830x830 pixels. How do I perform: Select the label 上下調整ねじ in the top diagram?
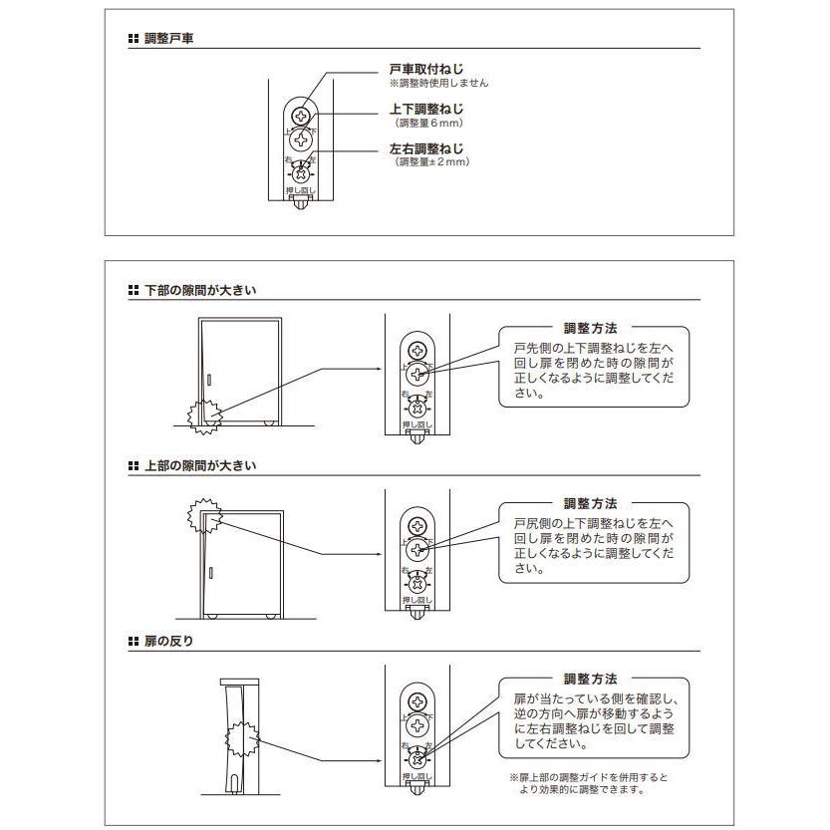click(425, 109)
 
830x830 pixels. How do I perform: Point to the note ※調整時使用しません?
click(438, 83)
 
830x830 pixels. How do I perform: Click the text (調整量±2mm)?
click(431, 161)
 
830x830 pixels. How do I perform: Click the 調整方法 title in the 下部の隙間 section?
click(590, 327)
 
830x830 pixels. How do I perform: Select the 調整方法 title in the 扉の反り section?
click(590, 679)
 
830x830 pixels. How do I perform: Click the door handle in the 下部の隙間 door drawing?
click(211, 380)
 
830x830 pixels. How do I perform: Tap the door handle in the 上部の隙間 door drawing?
click(211, 573)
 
